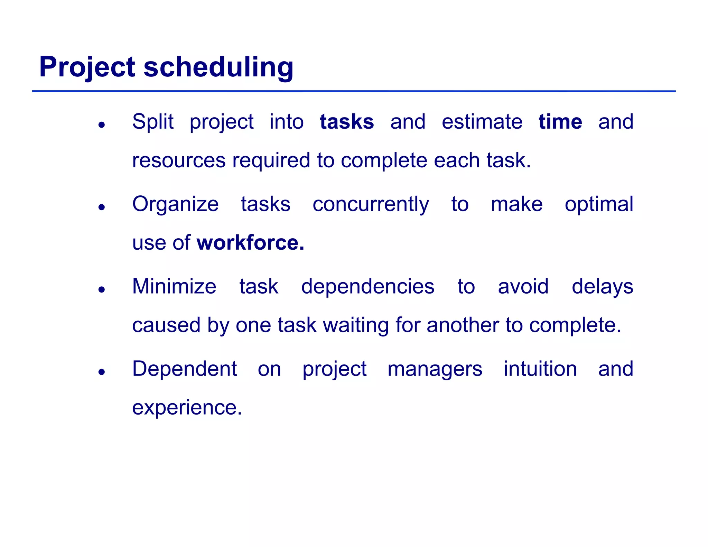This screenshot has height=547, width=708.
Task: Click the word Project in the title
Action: tap(87, 67)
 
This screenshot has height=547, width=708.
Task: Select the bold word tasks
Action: tap(347, 122)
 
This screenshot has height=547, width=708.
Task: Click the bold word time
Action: tap(560, 122)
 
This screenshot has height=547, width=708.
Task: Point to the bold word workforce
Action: tap(250, 243)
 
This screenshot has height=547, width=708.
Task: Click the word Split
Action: tap(152, 122)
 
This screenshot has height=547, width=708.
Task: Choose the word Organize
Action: tap(175, 204)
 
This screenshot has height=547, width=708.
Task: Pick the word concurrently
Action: tap(371, 204)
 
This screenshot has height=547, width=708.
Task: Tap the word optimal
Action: tap(599, 204)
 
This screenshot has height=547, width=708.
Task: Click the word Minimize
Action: tap(174, 287)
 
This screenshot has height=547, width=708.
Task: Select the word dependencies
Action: tap(367, 287)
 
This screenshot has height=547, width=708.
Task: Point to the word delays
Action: tap(602, 287)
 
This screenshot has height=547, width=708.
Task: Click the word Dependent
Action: tap(185, 369)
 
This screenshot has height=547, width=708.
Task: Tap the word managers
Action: tap(435, 369)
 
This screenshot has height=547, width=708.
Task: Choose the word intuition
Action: tap(540, 369)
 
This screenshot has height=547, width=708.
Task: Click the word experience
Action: tap(187, 408)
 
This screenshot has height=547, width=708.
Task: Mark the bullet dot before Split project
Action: tap(101, 125)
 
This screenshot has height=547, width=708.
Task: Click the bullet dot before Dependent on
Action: tap(101, 372)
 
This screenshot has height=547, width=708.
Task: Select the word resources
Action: tap(178, 161)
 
